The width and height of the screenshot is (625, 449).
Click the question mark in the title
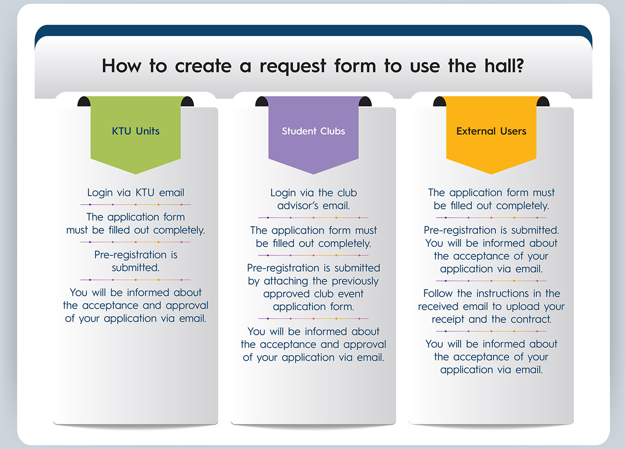(x=519, y=66)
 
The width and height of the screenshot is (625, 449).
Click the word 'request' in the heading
(x=293, y=67)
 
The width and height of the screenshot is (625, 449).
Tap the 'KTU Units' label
(x=136, y=131)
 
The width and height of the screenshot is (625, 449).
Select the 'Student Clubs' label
(x=313, y=131)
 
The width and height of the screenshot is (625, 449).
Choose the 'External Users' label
(x=491, y=131)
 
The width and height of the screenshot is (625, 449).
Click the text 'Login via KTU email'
(x=136, y=193)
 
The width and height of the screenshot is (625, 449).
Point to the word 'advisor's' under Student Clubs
(x=298, y=206)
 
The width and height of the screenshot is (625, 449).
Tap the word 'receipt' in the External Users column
(x=448, y=319)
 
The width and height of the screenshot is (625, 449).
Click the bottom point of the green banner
(x=136, y=174)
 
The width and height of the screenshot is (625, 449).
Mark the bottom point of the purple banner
(x=313, y=174)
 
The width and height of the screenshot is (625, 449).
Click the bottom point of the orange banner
(x=491, y=174)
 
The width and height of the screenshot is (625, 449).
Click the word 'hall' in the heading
(x=499, y=66)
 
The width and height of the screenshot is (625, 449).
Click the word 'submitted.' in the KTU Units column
(x=136, y=268)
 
